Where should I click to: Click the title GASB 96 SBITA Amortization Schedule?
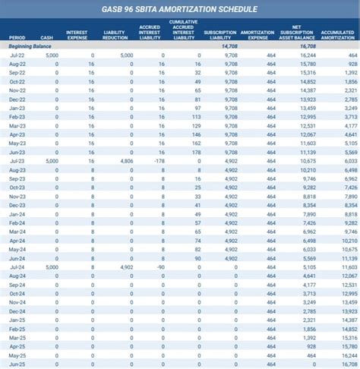180,10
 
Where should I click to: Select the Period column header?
17,36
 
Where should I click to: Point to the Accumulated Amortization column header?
339,34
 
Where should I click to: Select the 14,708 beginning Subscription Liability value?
229,46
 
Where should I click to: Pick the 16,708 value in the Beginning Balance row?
307,46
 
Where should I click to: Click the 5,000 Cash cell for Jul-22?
52,55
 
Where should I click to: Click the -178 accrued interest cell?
158,161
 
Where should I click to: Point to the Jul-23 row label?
17,161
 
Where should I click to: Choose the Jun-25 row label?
17,364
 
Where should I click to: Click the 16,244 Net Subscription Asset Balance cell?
308,55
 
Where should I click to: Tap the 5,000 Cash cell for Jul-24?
52,267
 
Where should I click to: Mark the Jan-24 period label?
17,214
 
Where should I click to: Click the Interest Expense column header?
77,34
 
